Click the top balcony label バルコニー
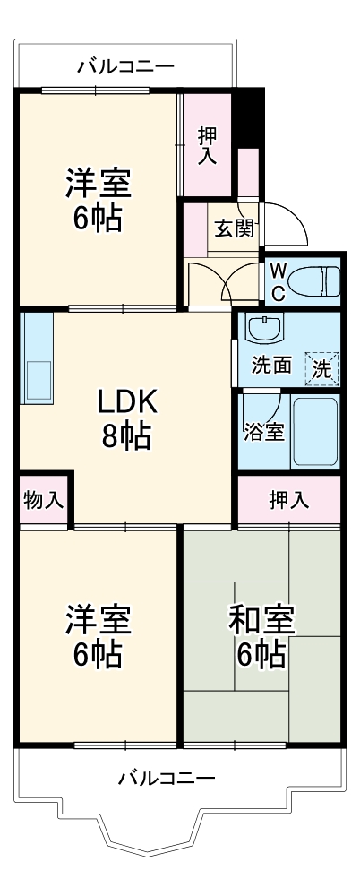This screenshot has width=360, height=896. point(125,65)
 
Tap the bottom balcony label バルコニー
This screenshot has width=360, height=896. point(167,778)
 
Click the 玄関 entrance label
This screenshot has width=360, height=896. point(234,228)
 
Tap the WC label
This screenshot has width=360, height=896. point(278,280)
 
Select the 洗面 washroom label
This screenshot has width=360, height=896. point(270,366)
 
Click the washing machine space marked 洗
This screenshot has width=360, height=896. point(321,366)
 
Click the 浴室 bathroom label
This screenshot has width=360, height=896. point(263,430)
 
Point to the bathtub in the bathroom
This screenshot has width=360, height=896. point(315,431)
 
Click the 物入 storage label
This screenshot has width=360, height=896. point(43,500)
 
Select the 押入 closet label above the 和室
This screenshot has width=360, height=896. point(289,500)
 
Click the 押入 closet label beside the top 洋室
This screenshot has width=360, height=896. point(208,146)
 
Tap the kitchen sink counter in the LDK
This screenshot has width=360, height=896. point(37,358)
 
